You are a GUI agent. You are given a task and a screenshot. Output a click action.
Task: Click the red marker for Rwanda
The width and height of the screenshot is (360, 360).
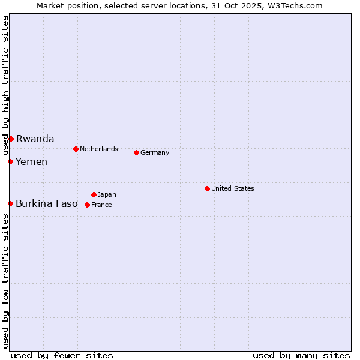pos(11,139)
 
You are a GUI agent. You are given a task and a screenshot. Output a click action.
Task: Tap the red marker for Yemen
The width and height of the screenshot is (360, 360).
pos(10,161)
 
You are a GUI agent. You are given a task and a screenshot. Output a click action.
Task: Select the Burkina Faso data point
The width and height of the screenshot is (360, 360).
pos(10,203)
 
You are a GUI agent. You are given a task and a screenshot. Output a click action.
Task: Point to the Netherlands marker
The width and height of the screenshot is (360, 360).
pos(76,149)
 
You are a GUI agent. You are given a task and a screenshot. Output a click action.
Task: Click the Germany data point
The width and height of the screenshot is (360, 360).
pos(136,152)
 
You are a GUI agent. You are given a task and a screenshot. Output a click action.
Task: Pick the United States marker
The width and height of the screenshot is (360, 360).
pos(207,188)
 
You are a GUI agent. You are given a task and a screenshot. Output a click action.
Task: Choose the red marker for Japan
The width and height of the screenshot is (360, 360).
pos(94,194)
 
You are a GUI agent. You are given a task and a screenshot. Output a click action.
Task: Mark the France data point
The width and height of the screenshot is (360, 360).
pos(87,205)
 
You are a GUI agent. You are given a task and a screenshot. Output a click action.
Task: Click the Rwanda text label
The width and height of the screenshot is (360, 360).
pos(35,139)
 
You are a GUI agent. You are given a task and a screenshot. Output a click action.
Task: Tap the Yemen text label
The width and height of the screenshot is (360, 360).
pos(31,161)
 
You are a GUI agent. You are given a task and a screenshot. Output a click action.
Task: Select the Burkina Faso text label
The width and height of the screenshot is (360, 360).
pos(46,203)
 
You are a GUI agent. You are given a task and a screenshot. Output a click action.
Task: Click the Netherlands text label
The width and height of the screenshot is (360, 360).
pos(99,149)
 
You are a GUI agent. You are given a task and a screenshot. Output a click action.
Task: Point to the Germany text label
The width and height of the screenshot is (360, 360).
pos(155,152)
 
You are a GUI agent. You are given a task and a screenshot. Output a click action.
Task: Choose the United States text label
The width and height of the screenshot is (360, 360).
pos(233,188)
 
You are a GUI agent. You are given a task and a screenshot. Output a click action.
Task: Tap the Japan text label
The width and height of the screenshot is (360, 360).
pos(107,194)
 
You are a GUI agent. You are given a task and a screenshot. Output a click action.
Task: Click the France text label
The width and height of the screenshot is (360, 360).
pos(101,205)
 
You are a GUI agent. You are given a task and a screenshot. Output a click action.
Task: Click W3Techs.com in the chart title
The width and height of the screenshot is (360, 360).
pos(296,5)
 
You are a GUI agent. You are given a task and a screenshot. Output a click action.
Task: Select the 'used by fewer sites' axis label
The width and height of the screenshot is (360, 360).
pos(62,355)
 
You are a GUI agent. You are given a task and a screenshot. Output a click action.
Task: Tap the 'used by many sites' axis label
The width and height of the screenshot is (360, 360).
pos(301,355)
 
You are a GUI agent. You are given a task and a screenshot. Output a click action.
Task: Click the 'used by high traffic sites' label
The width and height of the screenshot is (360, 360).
pos(5,85)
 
